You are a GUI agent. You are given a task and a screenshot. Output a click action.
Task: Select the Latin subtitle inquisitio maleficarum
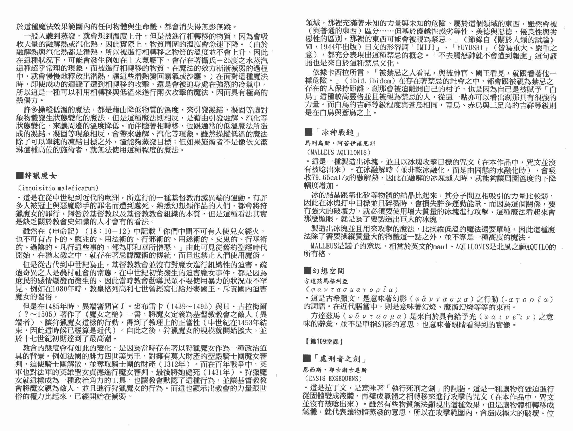click(x=58, y=188)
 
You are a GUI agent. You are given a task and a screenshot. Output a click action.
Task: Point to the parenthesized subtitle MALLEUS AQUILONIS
click(x=338, y=152)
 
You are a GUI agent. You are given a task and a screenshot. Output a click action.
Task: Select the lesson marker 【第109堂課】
click(x=324, y=341)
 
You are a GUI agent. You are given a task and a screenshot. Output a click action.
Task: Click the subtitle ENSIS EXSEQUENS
click(x=333, y=378)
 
